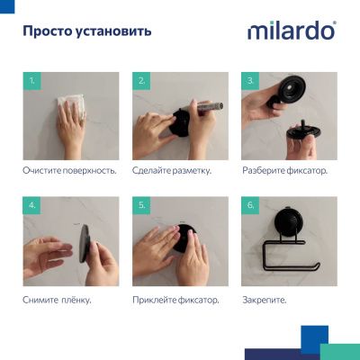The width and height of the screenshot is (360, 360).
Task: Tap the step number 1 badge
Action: pos(34,81)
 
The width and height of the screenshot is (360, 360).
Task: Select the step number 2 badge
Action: pos(142,81)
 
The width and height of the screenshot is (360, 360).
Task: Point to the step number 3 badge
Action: pos(251,81)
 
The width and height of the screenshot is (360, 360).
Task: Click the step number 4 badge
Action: pos(34,206)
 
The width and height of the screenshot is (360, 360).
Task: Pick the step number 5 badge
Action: pos(142,206)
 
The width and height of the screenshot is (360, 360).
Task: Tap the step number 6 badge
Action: pos(251,206)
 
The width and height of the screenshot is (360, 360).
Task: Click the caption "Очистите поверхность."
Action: pos(69,169)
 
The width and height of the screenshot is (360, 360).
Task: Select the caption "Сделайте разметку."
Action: pos(171,169)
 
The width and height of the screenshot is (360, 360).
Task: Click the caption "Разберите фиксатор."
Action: pos(284,169)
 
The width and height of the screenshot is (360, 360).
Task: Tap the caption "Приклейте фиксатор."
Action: pos(176,299)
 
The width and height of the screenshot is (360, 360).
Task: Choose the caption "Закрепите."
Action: pos(265,299)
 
